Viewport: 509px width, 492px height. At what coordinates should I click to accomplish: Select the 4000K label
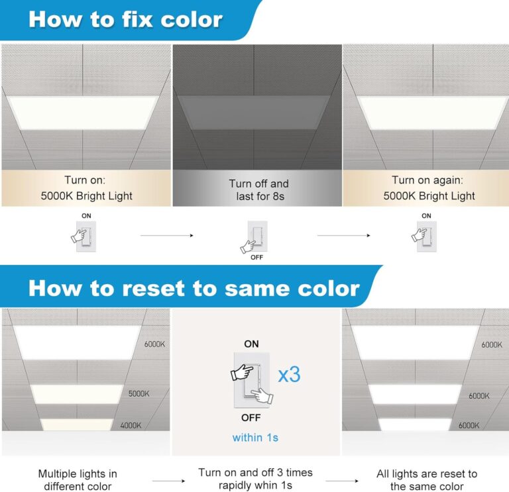click(x=130, y=425)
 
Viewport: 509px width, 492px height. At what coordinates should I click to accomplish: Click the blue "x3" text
click(x=288, y=374)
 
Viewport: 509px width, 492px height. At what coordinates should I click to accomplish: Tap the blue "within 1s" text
click(x=255, y=438)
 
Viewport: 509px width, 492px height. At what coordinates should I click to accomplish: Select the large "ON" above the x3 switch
click(x=252, y=344)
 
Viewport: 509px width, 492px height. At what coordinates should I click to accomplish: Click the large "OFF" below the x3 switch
click(x=252, y=418)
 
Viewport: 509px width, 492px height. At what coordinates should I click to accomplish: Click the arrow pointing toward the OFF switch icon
click(x=166, y=234)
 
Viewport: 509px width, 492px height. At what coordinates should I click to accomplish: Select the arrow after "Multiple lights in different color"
click(x=168, y=481)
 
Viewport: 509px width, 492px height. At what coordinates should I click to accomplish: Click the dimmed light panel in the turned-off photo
click(x=257, y=111)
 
